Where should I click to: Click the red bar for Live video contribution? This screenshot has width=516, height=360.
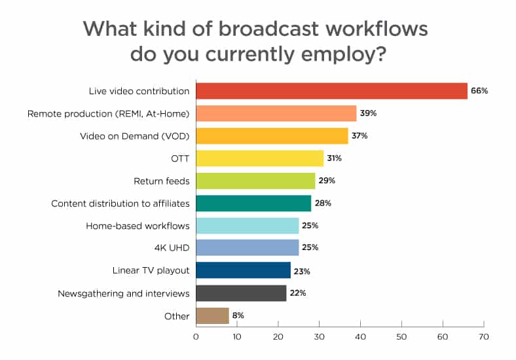(x=331, y=91)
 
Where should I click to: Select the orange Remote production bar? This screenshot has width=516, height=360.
(x=276, y=113)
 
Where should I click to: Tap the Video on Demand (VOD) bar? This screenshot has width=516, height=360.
(x=272, y=136)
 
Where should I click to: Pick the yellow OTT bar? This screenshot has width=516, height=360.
(x=259, y=158)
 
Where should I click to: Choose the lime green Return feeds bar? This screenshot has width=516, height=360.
(x=255, y=181)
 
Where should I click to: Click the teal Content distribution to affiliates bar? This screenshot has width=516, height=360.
(x=253, y=203)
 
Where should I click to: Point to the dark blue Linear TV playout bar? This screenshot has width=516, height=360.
(x=243, y=270)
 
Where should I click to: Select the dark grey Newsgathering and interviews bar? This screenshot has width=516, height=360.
(x=241, y=293)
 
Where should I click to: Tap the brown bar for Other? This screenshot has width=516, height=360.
(x=212, y=315)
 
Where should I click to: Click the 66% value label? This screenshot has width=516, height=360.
(x=479, y=91)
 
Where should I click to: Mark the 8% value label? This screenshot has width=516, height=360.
(x=238, y=315)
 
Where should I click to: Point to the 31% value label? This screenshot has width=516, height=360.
(x=334, y=158)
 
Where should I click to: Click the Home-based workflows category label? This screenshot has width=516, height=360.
(x=138, y=226)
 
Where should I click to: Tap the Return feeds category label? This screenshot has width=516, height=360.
(x=162, y=181)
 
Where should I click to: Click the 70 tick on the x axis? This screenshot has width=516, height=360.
(x=484, y=337)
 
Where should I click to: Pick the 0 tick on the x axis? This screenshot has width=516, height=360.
(x=196, y=337)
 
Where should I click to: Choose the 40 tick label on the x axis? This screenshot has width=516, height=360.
(x=360, y=337)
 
